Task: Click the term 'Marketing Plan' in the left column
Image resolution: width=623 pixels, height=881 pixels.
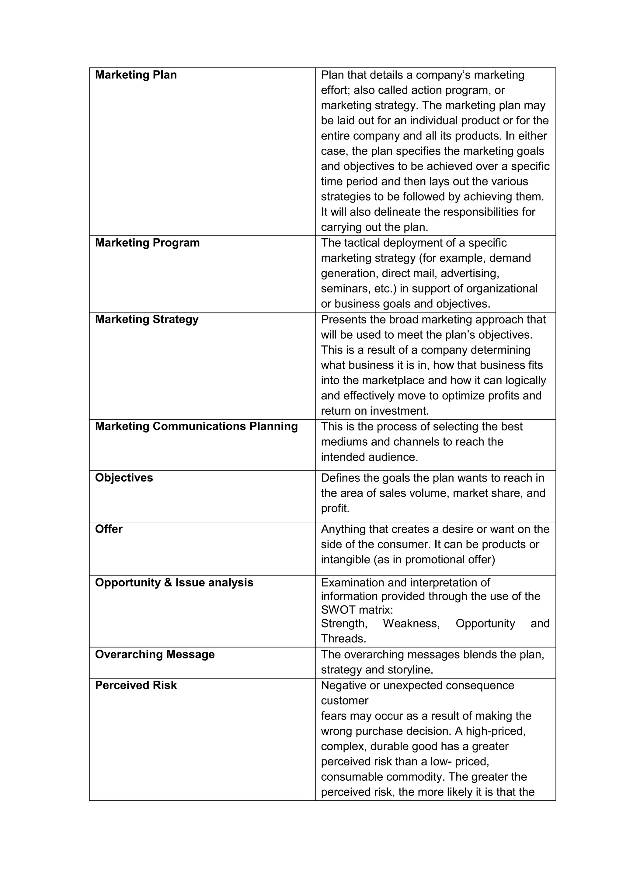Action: (136, 75)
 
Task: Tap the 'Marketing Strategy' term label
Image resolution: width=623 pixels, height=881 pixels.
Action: (147, 320)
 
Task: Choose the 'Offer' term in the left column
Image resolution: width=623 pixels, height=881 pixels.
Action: (109, 529)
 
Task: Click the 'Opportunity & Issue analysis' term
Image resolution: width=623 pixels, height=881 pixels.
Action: (174, 582)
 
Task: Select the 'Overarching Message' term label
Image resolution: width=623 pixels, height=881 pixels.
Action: (155, 654)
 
